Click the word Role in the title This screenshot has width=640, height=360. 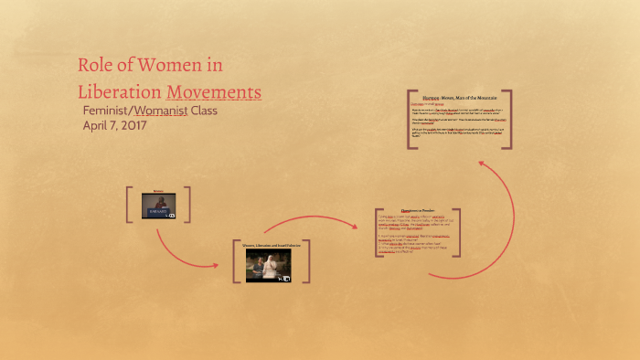click(95, 67)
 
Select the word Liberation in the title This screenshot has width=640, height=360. click(118, 93)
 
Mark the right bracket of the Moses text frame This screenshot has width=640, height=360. click(508, 119)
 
